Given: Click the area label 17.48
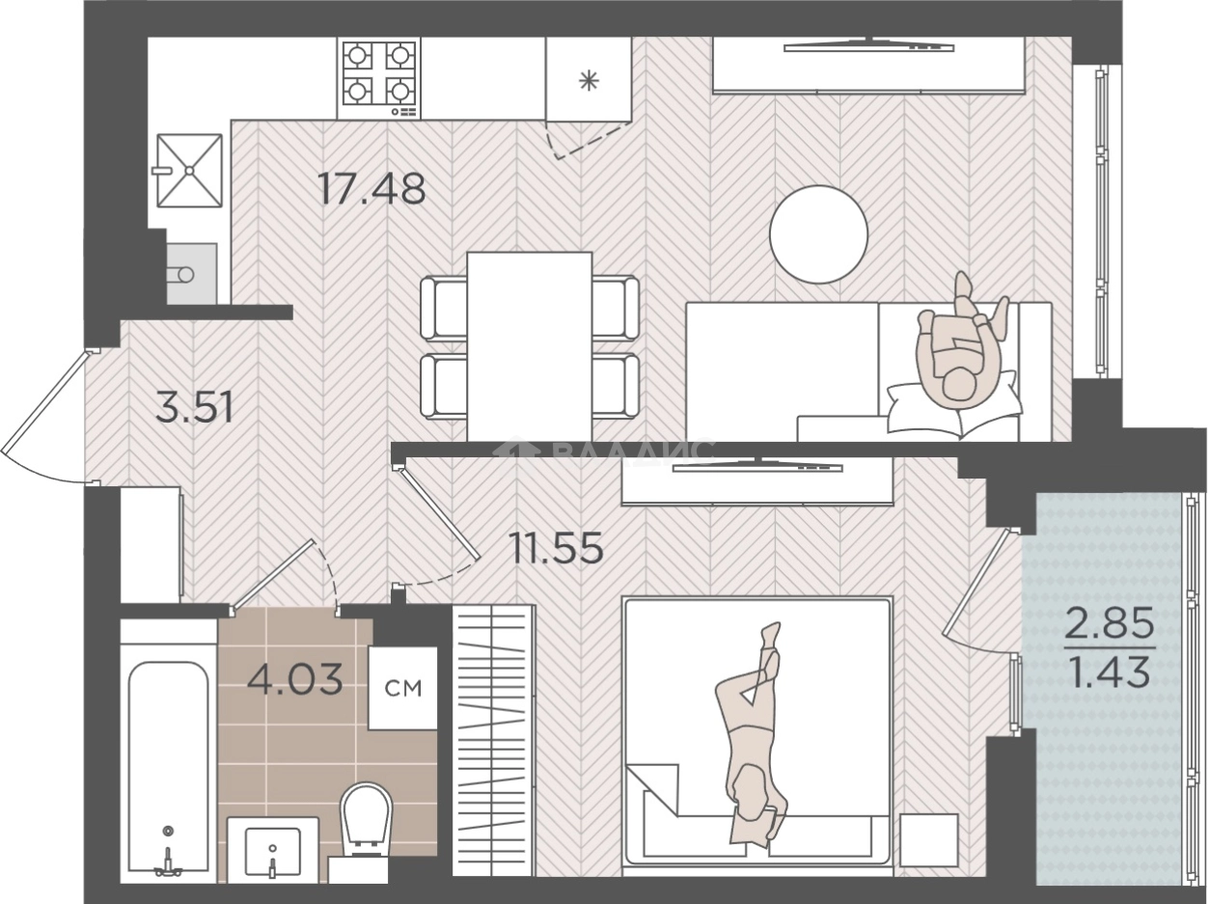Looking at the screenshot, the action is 372,188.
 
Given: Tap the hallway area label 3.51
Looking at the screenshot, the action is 195,407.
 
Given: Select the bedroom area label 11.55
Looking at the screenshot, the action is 557,548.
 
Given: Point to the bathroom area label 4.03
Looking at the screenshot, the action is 295,679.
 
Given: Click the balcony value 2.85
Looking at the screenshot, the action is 1109,622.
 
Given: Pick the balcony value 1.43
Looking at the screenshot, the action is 1109,671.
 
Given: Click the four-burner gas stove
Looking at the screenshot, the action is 378,78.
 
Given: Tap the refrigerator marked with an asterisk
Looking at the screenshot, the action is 589,79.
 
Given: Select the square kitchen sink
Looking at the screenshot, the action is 190,171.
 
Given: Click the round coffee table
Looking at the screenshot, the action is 818,234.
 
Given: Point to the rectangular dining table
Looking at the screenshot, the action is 529,346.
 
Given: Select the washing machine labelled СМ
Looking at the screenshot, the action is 403,689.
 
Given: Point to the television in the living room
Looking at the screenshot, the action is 868,47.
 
